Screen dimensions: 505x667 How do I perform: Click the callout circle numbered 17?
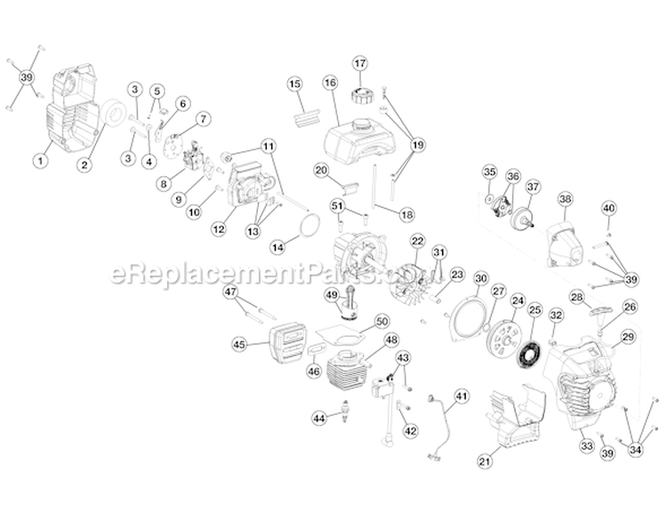(359, 63)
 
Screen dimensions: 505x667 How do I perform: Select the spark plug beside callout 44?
(342, 413)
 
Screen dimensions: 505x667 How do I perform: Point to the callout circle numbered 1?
(39, 161)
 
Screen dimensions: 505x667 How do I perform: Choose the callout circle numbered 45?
(239, 344)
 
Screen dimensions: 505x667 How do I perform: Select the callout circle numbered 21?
(485, 460)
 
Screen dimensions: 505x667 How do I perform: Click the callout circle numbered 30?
(479, 278)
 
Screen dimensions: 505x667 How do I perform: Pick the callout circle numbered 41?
(461, 396)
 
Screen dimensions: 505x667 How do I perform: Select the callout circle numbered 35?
(489, 172)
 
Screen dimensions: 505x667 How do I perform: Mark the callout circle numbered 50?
(382, 320)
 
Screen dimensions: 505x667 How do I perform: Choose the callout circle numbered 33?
(585, 445)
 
